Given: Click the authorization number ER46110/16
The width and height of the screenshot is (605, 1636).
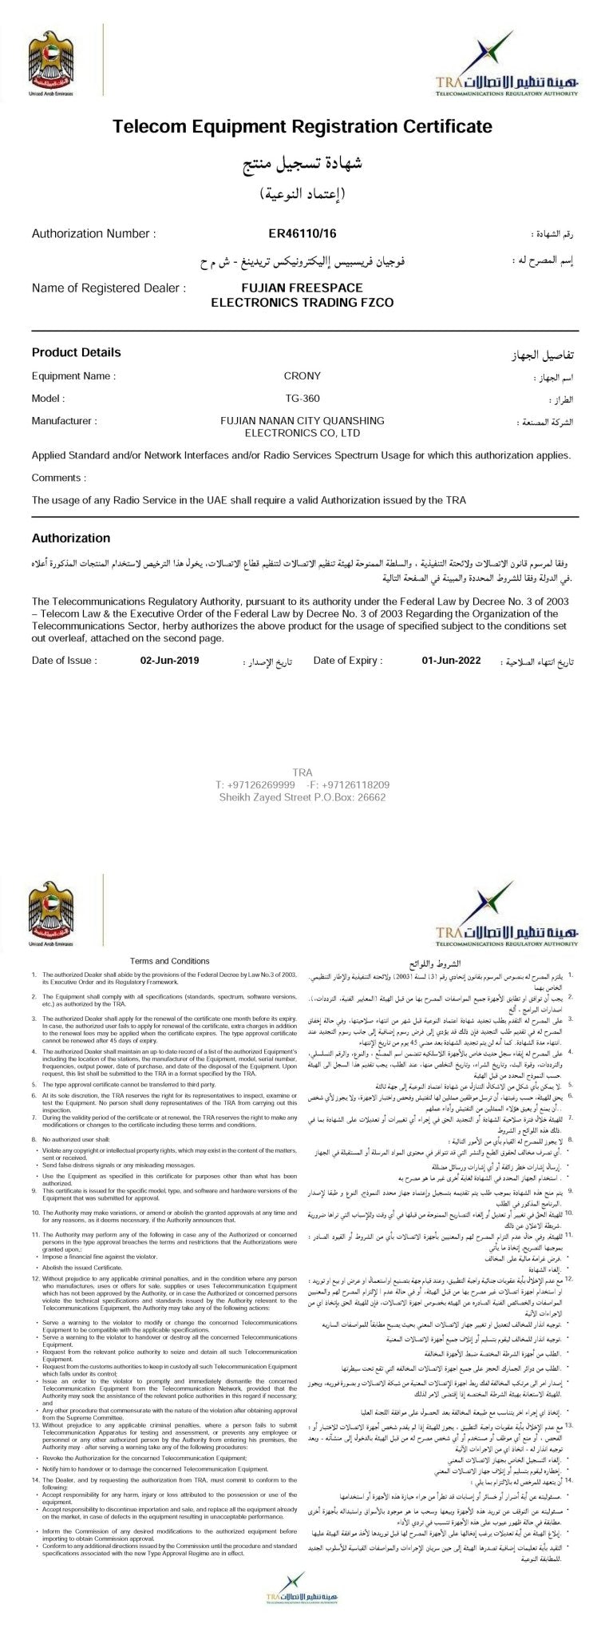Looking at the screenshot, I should pos(302,233).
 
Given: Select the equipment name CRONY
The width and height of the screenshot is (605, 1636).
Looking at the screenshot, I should pos(302,375).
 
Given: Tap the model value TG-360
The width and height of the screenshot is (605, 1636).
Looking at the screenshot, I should pos(302,398).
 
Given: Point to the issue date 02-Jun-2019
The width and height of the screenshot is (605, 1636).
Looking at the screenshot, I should pos(169,661).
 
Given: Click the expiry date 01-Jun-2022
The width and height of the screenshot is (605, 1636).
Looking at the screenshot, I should pos(451,661).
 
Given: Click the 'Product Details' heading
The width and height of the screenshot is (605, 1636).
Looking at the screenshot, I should pos(77,352).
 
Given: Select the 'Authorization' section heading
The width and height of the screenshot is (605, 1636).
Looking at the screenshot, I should pos(71,538).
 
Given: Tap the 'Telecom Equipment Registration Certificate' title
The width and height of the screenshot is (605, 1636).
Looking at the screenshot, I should pos(302,126).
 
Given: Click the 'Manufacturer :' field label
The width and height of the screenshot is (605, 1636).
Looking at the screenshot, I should pos(64,420).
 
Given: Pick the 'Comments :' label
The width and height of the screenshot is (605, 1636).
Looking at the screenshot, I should pos(58,478).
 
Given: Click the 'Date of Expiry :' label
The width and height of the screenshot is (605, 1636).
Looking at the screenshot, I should pos(348,661).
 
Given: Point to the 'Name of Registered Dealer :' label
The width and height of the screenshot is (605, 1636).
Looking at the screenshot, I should pos(109,288).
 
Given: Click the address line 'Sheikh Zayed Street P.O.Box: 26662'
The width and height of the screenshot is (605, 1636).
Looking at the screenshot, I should pos(302,796).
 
